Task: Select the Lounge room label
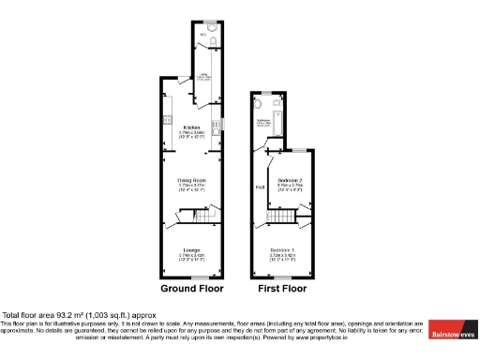tap(191, 248)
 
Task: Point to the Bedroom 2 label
tap(289, 179)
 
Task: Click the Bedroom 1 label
tap(282, 249)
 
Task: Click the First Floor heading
tap(282, 289)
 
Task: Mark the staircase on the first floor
tap(279, 219)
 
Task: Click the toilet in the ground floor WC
tap(213, 41)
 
